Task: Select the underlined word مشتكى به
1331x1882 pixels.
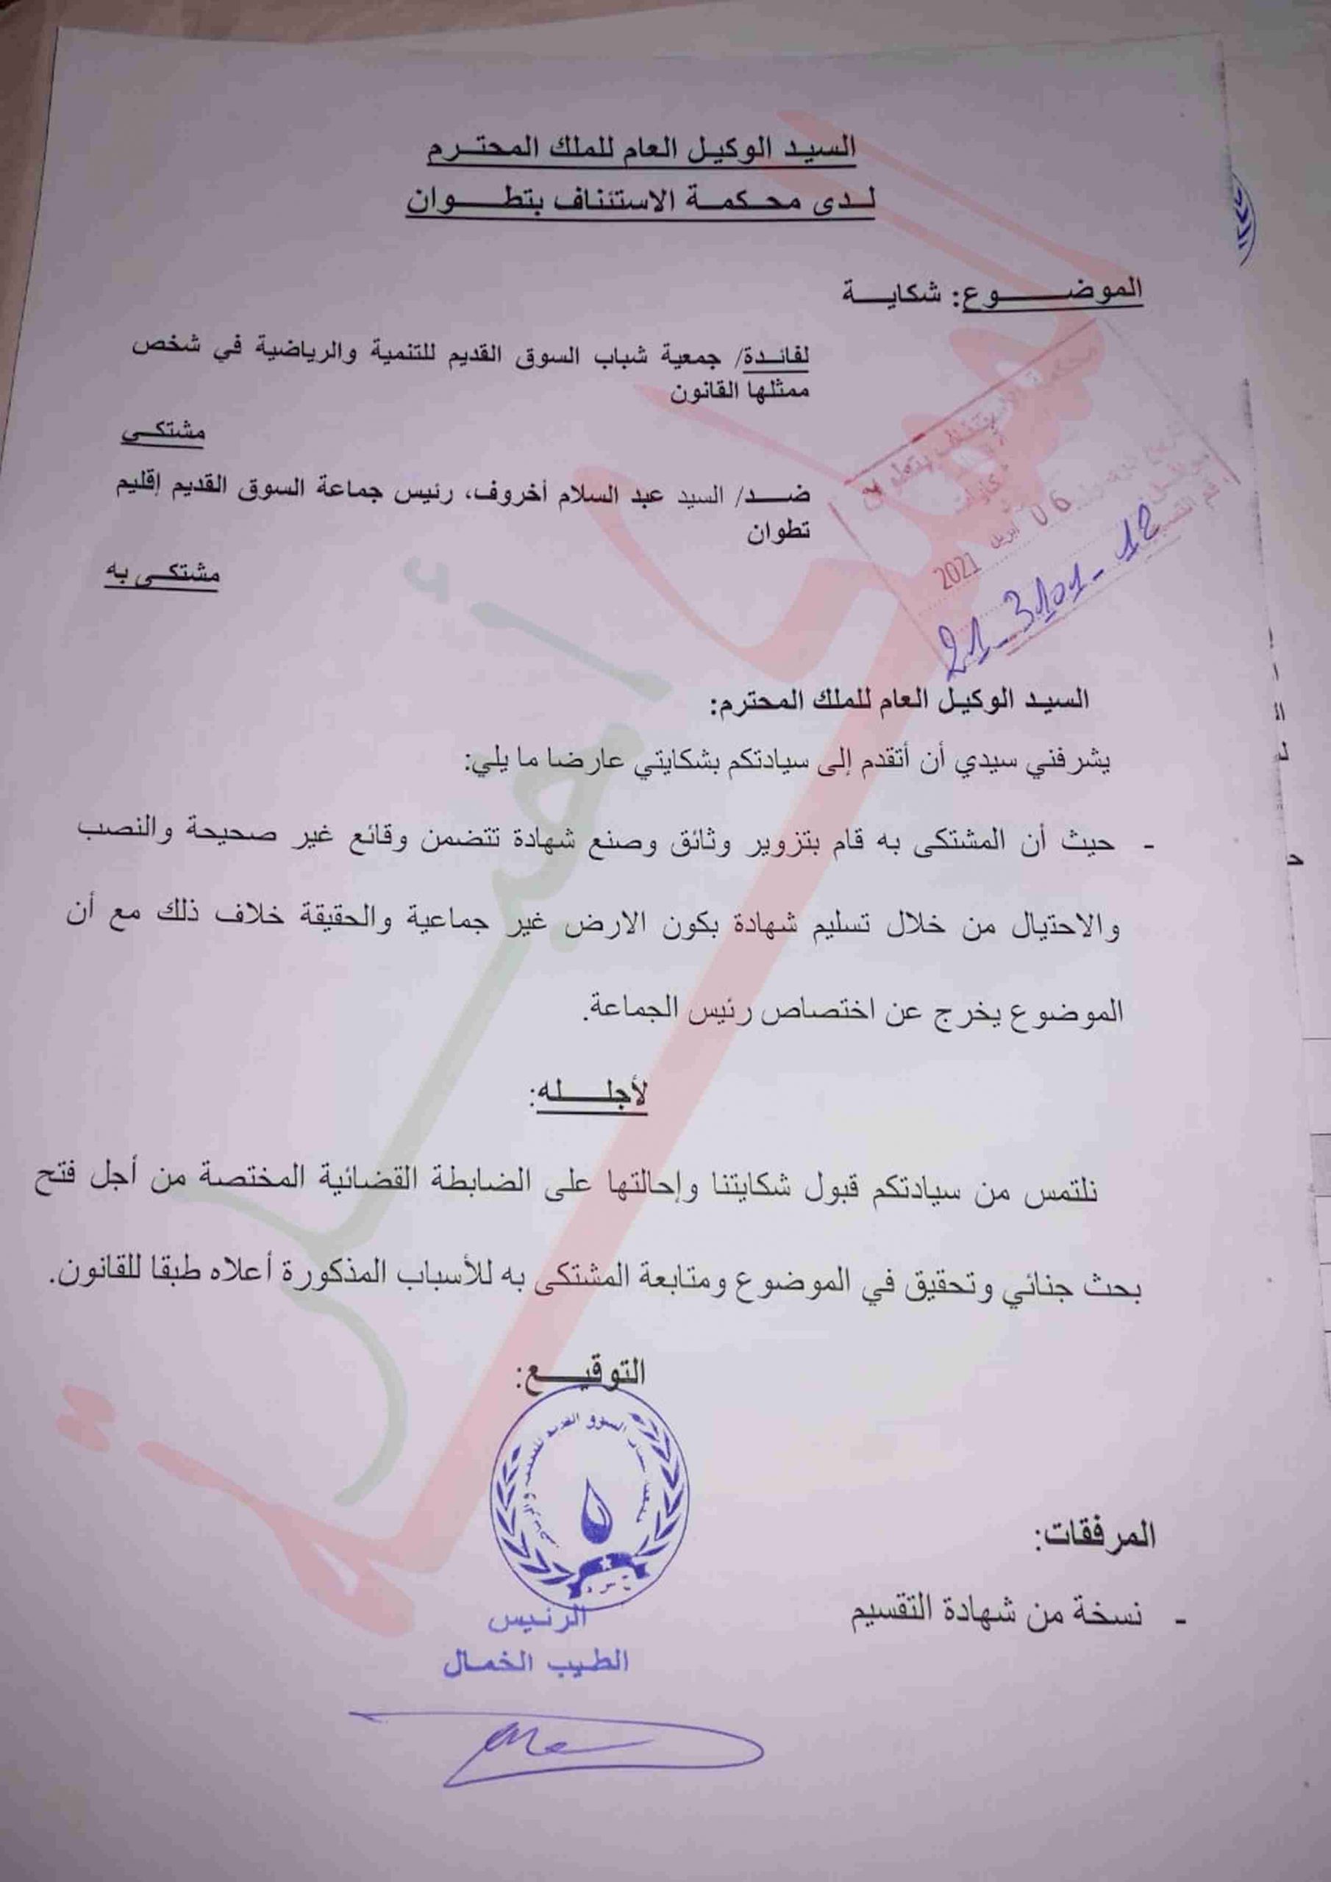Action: pyautogui.click(x=162, y=573)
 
